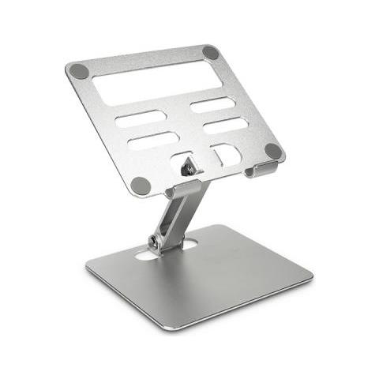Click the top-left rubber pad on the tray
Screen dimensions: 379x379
click(x=79, y=71)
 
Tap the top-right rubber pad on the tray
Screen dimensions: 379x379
click(x=211, y=53)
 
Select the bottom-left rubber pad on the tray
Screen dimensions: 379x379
click(x=141, y=186)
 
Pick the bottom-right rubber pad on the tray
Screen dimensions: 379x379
click(x=273, y=151)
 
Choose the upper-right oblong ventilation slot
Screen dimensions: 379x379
click(x=212, y=104)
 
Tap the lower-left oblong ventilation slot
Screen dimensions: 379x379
click(x=153, y=141)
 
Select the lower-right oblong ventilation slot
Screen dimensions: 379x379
click(x=226, y=125)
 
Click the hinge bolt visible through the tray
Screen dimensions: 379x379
click(x=187, y=167)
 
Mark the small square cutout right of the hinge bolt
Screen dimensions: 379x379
click(x=226, y=154)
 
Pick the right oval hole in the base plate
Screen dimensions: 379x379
click(x=189, y=245)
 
